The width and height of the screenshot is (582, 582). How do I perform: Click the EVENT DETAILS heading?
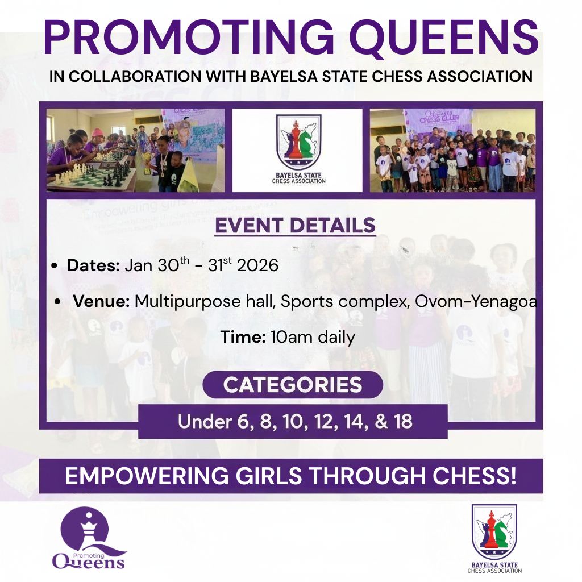295,225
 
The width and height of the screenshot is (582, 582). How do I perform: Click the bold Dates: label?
93,265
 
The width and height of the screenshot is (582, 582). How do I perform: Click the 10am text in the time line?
292,337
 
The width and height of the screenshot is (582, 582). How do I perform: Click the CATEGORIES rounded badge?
293,385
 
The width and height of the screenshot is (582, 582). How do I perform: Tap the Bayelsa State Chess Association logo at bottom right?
494,537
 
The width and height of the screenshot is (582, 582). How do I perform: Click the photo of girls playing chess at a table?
135,150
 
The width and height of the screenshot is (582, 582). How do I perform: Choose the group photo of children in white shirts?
452,150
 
